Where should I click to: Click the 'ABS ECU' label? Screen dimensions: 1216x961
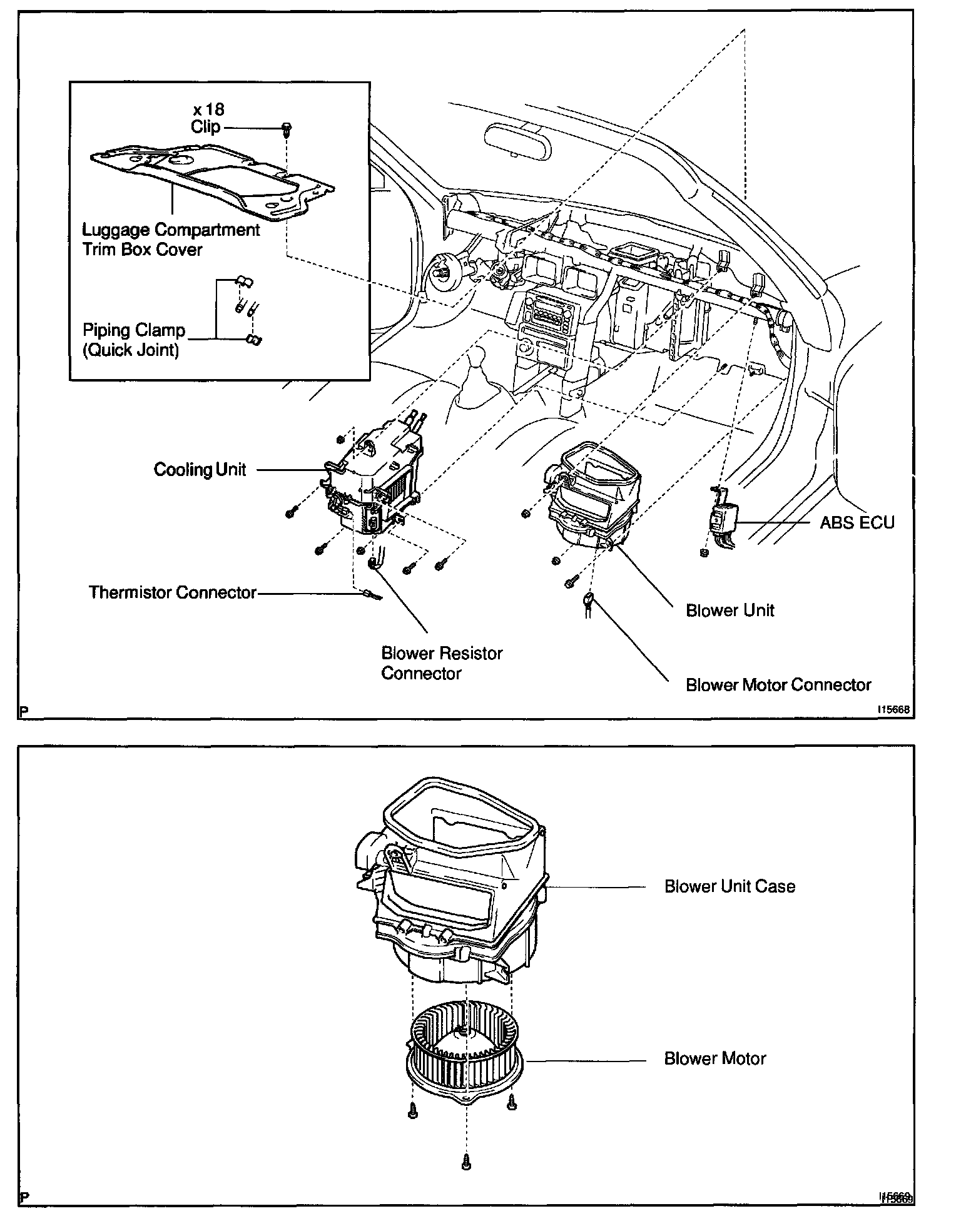(857, 522)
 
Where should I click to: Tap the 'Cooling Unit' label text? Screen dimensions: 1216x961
(200, 470)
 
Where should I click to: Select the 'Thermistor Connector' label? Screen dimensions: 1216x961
(173, 592)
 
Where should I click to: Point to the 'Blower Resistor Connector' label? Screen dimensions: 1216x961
(442, 663)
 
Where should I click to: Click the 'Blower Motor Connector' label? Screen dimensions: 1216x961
(778, 685)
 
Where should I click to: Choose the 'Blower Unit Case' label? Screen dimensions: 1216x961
(730, 886)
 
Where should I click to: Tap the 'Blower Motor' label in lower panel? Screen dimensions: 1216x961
(715, 1058)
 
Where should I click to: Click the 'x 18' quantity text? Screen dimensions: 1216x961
(208, 109)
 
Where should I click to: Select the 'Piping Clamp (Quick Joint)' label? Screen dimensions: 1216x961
(134, 340)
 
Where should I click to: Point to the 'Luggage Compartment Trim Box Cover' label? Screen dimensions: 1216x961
(171, 240)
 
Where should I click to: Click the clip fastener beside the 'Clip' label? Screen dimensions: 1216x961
(287, 129)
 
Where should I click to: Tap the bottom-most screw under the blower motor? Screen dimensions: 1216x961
(465, 1161)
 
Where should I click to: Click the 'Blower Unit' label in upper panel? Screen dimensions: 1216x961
(730, 610)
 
